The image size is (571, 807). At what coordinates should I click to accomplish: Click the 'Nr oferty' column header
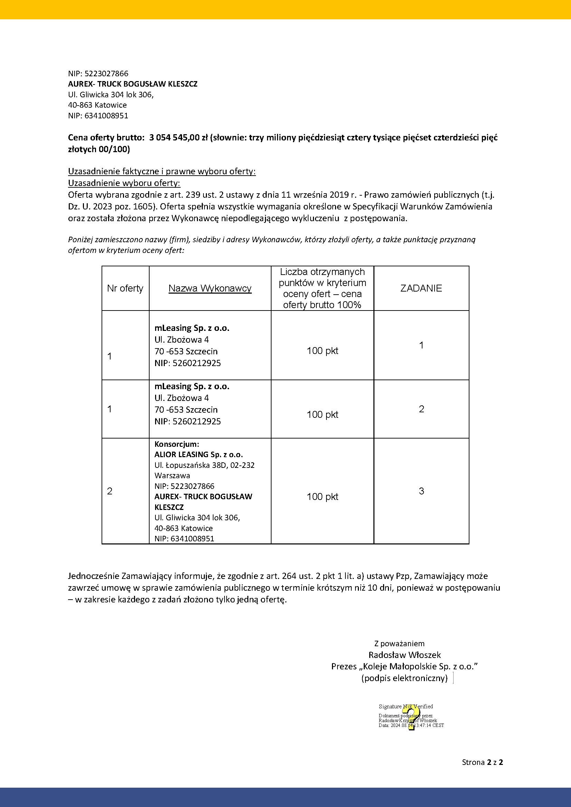(x=125, y=288)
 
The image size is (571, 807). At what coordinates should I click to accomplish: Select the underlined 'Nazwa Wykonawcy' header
(x=210, y=288)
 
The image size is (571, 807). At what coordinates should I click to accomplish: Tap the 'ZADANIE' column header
(x=421, y=288)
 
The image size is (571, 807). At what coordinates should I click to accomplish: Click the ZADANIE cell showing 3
(x=421, y=491)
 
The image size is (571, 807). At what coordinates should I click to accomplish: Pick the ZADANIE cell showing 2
(x=421, y=409)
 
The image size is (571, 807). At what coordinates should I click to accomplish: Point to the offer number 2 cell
(x=110, y=491)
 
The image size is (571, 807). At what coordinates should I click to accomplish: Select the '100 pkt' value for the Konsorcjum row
(x=322, y=496)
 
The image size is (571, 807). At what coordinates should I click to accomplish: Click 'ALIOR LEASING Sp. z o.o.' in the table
(x=198, y=454)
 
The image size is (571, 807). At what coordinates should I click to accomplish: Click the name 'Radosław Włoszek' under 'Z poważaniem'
(x=405, y=655)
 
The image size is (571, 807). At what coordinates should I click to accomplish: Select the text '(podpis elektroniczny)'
(x=404, y=678)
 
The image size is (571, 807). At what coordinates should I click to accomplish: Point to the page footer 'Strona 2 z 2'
(x=482, y=762)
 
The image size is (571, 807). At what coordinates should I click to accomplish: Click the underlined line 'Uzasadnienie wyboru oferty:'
(x=124, y=183)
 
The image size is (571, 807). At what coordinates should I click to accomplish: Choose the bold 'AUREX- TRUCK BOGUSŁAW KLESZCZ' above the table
(x=133, y=84)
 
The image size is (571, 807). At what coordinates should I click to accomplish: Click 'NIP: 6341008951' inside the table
(x=184, y=539)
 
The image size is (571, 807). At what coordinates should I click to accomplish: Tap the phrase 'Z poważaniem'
(x=399, y=643)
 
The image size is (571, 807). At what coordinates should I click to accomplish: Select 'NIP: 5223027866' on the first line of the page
(x=98, y=73)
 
